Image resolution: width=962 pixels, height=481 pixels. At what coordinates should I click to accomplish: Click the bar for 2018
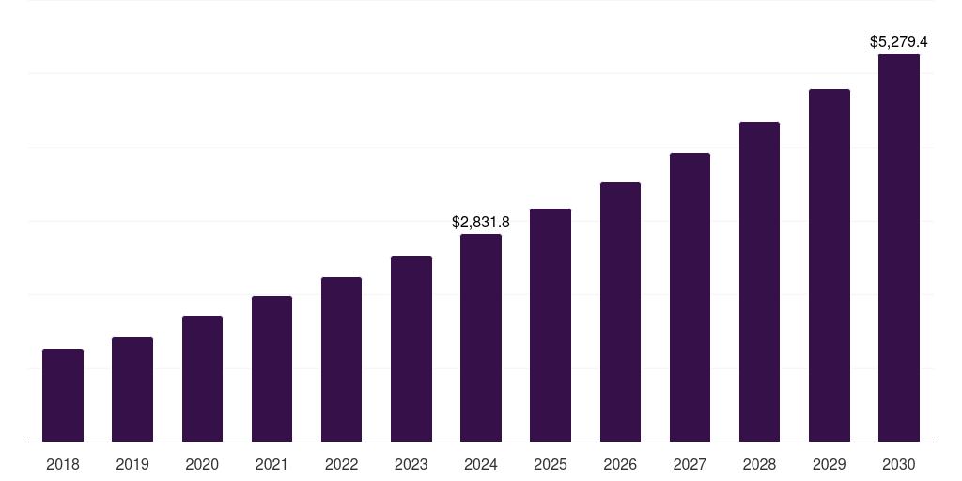(x=63, y=396)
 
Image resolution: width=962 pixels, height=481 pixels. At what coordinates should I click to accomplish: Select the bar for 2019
(x=132, y=390)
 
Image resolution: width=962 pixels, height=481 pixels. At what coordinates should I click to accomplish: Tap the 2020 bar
(x=202, y=379)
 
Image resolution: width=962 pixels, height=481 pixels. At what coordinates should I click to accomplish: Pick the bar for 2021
(x=272, y=369)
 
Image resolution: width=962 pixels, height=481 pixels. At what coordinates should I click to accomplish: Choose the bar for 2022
(x=341, y=360)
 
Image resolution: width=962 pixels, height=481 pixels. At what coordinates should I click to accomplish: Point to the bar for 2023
(x=411, y=349)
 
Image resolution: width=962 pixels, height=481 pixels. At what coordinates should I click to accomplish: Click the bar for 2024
(x=481, y=338)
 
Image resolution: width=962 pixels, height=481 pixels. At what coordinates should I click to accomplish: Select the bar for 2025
(x=551, y=325)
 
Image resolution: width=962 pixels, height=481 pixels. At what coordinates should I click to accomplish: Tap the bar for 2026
(x=620, y=312)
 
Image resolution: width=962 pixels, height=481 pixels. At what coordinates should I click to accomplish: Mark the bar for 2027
(x=690, y=298)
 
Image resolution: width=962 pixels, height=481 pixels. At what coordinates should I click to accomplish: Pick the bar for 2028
(x=759, y=282)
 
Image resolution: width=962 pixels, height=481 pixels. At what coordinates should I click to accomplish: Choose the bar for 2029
(x=830, y=266)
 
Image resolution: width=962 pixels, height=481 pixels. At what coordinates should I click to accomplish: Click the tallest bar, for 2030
(x=899, y=248)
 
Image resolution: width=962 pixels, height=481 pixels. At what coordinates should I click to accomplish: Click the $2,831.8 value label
(x=481, y=223)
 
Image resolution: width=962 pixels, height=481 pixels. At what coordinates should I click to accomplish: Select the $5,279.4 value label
(x=899, y=42)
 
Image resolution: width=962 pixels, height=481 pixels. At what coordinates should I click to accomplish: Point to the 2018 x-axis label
(x=63, y=464)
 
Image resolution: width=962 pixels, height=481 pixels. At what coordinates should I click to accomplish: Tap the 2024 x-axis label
(x=481, y=464)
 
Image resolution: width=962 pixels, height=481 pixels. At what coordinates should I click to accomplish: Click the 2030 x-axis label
(x=899, y=464)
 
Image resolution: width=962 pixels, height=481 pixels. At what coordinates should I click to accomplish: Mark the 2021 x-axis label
(x=272, y=464)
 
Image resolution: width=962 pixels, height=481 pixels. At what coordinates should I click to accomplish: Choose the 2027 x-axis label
(x=690, y=464)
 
